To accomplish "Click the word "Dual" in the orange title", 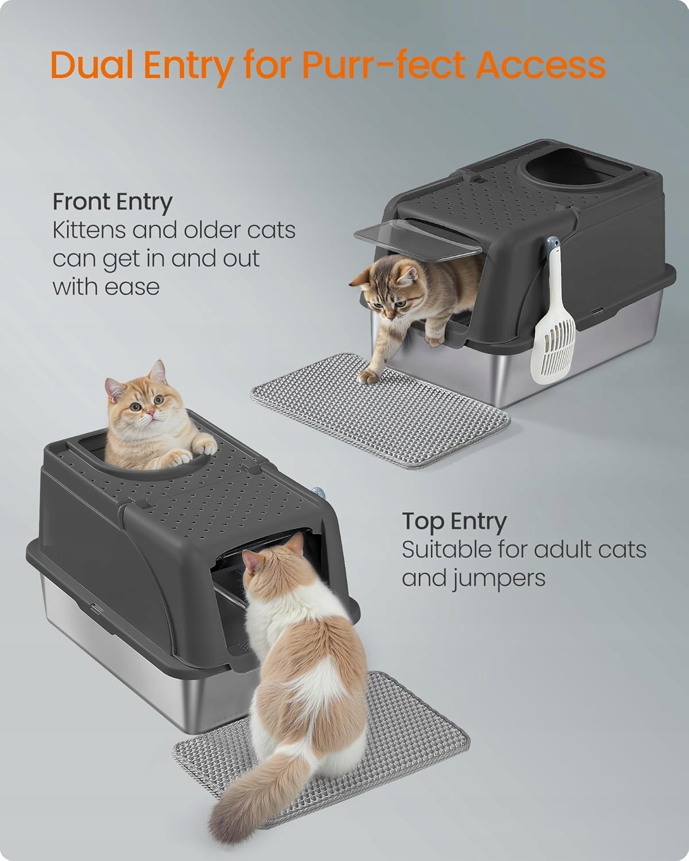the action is pos(92,65).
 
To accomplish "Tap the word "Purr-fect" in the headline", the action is pos(384,64).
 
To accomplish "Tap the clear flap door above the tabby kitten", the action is pos(417,239).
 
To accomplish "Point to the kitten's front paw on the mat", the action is pos(368,376).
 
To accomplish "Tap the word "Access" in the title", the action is pos(540,65).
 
